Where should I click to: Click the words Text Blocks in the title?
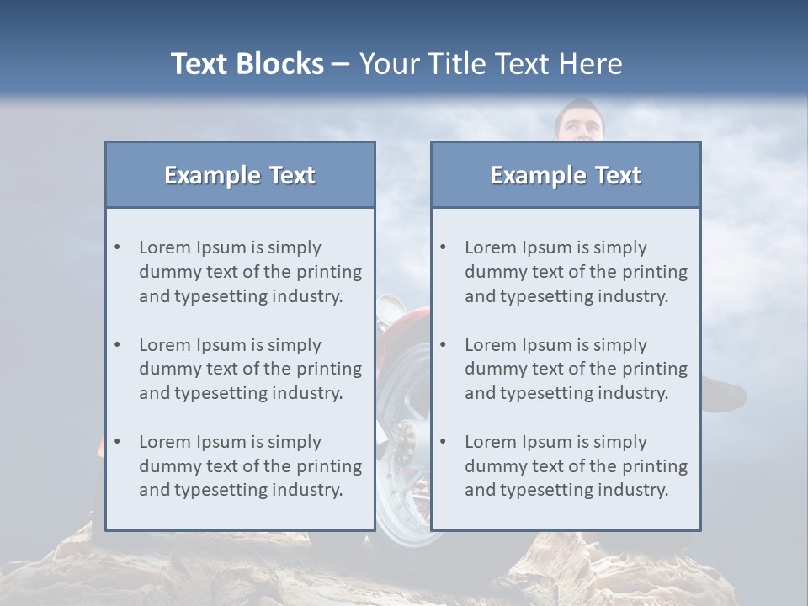[247, 64]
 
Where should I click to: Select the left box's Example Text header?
[240, 175]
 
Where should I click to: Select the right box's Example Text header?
[566, 175]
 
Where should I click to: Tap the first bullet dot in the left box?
[118, 247]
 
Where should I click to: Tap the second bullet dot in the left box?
[118, 345]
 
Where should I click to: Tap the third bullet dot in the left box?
[118, 442]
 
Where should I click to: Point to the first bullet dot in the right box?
[444, 247]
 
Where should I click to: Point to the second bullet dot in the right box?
[444, 345]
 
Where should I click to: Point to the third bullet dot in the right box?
[444, 442]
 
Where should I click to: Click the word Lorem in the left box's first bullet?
[165, 247]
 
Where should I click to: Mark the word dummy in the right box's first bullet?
[492, 272]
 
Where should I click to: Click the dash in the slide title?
[341, 64]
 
